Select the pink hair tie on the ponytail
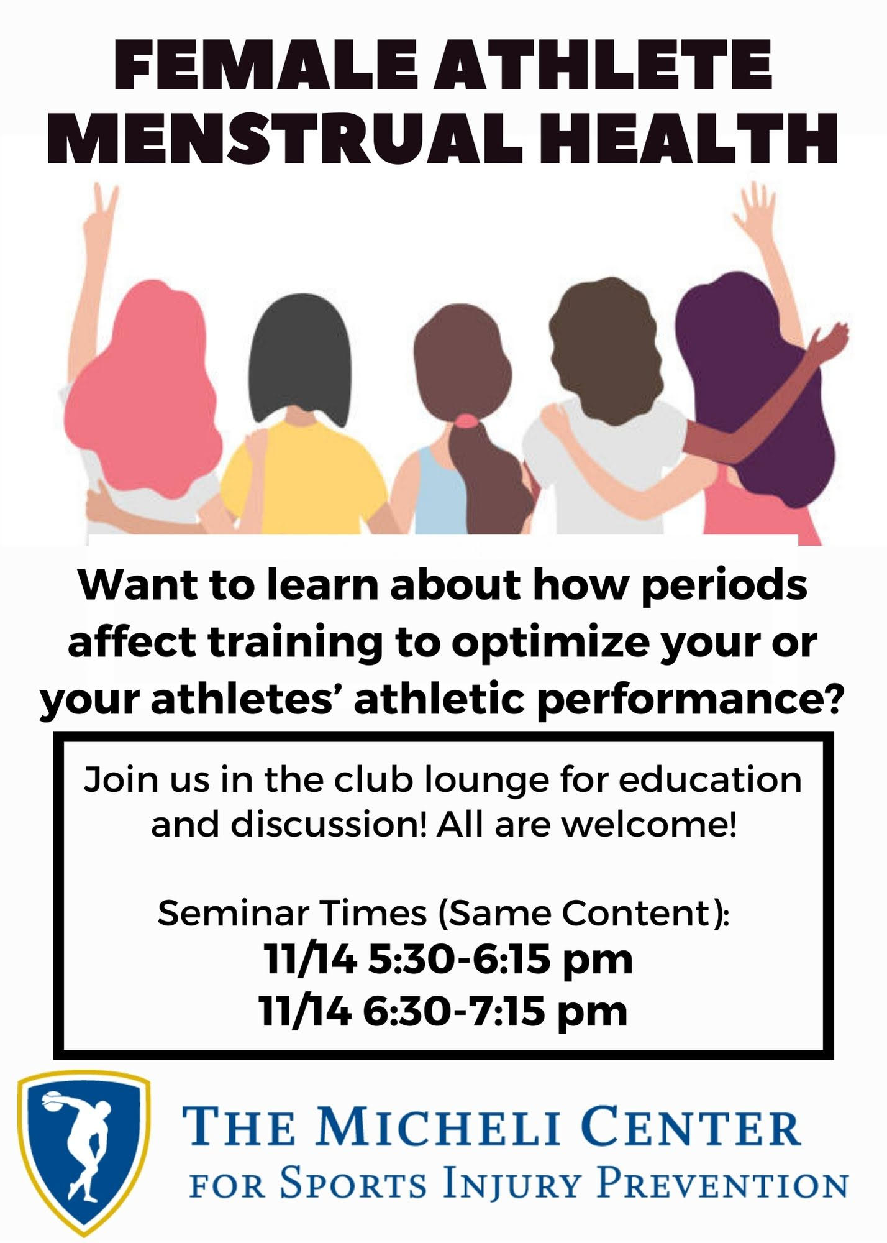point(466,422)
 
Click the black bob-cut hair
point(301,360)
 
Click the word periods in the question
point(724,586)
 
